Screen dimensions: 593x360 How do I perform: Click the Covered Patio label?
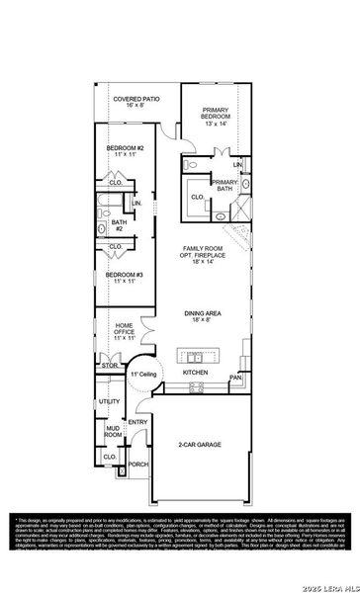[137, 104]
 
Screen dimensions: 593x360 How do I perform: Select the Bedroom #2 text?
[126, 152]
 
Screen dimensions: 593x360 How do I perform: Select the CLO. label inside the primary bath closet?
[198, 198]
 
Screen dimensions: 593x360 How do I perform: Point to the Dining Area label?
[203, 317]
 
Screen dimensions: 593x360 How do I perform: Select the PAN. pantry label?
[235, 377]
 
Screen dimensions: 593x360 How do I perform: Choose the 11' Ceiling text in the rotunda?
[142, 376]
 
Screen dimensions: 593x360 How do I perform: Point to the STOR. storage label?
[110, 366]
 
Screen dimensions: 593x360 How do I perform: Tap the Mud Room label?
[114, 431]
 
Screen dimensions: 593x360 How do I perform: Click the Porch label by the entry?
[137, 464]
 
